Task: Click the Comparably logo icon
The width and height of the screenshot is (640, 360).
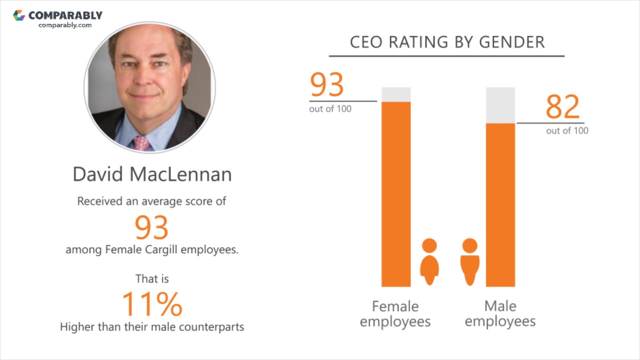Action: click(19, 15)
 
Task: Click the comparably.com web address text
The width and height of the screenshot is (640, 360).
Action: click(65, 25)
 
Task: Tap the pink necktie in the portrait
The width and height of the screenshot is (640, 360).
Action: click(142, 143)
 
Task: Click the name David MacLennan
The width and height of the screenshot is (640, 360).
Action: click(152, 174)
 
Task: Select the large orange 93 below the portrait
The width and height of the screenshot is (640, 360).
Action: click(151, 227)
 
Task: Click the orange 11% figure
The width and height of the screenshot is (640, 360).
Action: click(152, 304)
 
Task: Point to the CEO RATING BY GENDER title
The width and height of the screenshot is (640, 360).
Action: click(447, 42)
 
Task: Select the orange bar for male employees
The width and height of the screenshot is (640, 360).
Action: click(500, 205)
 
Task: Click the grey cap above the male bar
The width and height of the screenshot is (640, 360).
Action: click(500, 105)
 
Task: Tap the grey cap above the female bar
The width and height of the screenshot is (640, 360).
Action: click(396, 94)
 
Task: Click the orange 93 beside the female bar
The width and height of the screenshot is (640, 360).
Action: click(327, 85)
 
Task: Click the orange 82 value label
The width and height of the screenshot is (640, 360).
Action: click(562, 106)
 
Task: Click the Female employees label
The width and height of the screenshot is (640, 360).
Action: click(395, 313)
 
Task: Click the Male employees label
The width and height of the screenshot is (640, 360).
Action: click(500, 313)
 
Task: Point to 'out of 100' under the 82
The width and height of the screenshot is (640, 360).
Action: click(567, 131)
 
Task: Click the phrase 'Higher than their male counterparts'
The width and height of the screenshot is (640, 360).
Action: click(152, 327)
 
